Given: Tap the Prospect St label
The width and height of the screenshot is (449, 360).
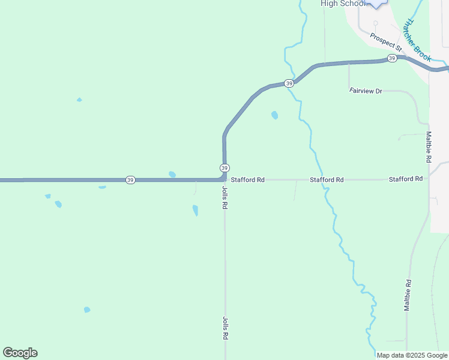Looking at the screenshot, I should tap(385, 41).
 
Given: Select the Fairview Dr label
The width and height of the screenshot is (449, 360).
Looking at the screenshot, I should tap(366, 91).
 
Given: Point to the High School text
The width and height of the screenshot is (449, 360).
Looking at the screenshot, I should tap(343, 4).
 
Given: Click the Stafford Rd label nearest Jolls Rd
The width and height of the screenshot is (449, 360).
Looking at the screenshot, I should tap(247, 179).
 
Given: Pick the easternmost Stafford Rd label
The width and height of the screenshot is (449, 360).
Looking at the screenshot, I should tap(406, 179).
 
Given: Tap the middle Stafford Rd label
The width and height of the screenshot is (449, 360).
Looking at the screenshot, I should tap(327, 179).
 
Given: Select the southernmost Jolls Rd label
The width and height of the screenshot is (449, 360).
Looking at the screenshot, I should tap(225, 328).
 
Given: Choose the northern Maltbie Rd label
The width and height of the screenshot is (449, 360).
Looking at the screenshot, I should tap(429, 148).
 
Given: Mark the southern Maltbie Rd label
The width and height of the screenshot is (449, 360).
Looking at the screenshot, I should tap(408, 295).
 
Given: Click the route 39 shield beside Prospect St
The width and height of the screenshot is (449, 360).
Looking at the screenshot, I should tap(391, 58).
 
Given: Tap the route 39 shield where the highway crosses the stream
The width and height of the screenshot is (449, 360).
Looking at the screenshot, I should tap(289, 83).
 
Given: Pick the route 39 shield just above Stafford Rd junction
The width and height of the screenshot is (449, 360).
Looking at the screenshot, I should tap(224, 167).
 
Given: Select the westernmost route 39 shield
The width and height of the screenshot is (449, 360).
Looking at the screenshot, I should tap(130, 179).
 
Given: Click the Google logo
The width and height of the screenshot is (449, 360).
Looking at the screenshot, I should tap(20, 353).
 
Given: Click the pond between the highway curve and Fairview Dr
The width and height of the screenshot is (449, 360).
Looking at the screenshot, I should tap(274, 115).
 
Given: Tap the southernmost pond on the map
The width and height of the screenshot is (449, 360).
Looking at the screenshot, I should tap(87, 310).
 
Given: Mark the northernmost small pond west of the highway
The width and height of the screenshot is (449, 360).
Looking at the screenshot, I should tap(79, 100).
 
